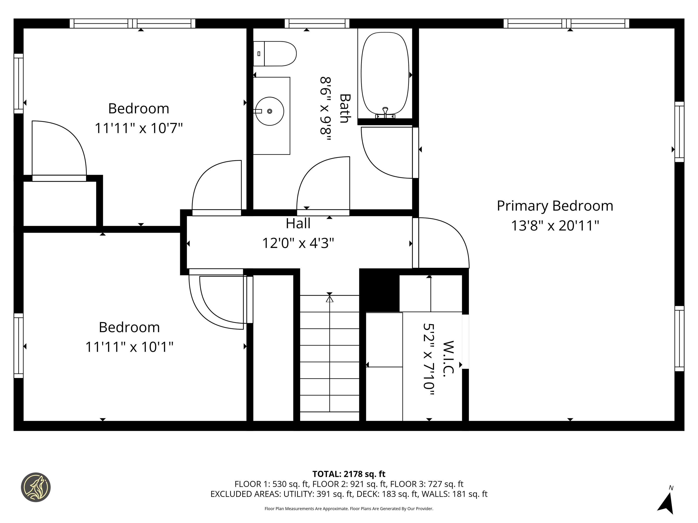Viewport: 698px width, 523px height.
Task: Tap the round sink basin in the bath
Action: [269, 111]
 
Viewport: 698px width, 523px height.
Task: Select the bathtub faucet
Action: [385, 112]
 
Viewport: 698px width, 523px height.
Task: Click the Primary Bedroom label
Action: [555, 206]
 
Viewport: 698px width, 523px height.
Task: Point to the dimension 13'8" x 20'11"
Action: [555, 226]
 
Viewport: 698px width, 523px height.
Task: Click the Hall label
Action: [298, 224]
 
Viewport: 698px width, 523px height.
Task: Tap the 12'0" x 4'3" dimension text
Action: [298, 243]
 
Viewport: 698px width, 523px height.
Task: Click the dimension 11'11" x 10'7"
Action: [139, 128]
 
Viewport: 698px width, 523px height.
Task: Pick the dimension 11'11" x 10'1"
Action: [129, 347]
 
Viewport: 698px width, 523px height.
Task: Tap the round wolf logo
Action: [36, 487]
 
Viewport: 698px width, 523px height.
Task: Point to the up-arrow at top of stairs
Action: [329, 298]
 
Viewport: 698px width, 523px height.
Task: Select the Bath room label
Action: [345, 108]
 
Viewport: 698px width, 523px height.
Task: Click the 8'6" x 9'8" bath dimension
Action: [326, 109]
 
